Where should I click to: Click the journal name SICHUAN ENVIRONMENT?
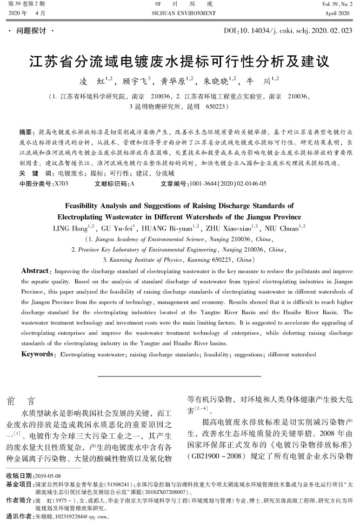pyautogui.click(x=179, y=11)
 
